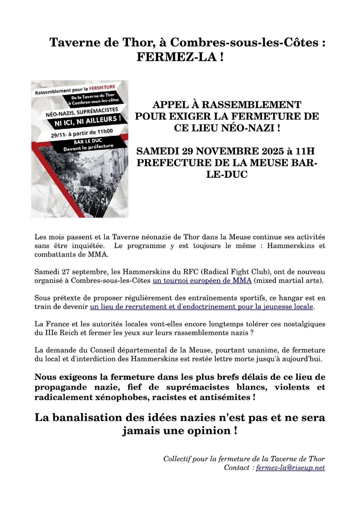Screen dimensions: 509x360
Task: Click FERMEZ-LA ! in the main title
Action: pos(180,57)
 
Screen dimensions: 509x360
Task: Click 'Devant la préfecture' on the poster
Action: pos(88,147)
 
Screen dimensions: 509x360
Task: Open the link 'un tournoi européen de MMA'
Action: pos(202,281)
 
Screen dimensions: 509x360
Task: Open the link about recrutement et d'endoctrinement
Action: pos(202,307)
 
